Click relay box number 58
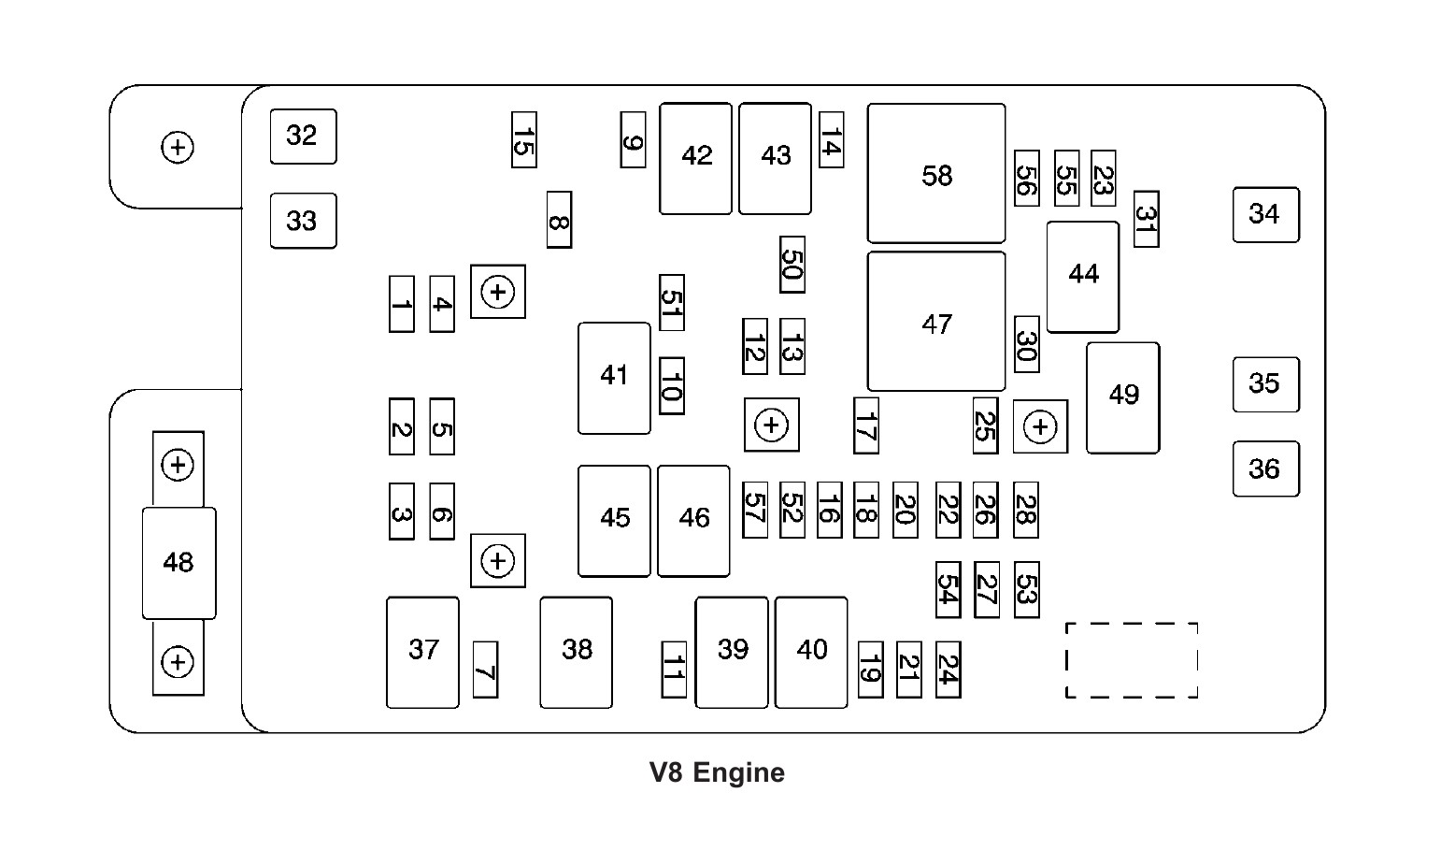936,173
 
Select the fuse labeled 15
523,139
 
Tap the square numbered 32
304,137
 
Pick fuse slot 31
1146,219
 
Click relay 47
936,322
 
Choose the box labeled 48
178,563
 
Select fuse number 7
485,670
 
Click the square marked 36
1266,469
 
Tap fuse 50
792,265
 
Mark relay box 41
614,378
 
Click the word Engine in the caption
738,772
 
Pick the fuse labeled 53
1026,589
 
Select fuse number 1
402,304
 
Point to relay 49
1123,397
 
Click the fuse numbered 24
948,670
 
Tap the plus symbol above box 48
178,466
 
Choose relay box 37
422,653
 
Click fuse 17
866,425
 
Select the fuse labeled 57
755,510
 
